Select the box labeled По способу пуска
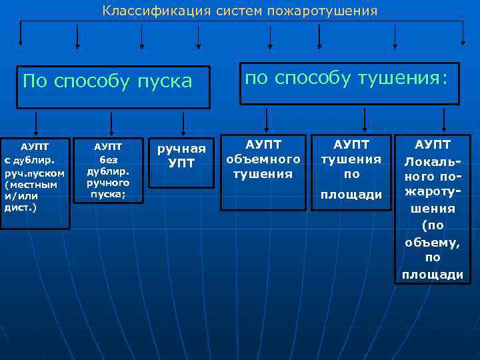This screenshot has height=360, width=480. click(x=113, y=87)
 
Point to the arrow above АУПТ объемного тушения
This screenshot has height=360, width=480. click(x=266, y=120)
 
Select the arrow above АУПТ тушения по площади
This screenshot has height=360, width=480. click(x=364, y=120)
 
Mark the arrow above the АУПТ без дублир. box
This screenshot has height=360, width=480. click(x=111, y=122)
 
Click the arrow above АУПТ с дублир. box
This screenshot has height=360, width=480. click(x=36, y=122)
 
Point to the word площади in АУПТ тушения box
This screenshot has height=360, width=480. click(x=351, y=194)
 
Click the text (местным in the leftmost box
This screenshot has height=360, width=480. click(x=31, y=185)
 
